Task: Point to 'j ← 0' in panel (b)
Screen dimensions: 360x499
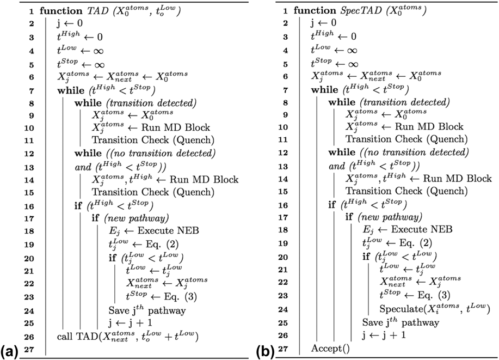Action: pyautogui.click(x=323, y=23)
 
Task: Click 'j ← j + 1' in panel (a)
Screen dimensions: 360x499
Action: pyautogui.click(x=129, y=324)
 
